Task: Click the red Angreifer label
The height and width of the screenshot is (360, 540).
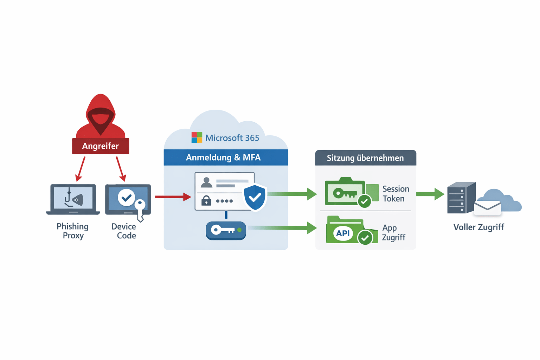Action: click(x=101, y=146)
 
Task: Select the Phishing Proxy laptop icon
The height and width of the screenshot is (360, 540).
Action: click(x=73, y=199)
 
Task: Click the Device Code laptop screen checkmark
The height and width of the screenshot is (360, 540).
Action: click(x=126, y=198)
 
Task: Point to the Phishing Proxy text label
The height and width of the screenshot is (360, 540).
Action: click(x=73, y=231)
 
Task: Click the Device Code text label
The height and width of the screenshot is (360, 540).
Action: click(x=124, y=231)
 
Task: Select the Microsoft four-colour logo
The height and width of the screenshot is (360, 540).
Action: click(x=197, y=137)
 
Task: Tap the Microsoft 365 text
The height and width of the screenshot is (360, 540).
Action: click(x=232, y=138)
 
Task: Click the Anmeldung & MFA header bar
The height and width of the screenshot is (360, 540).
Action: click(x=226, y=157)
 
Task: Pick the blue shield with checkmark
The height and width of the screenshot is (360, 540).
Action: click(x=255, y=197)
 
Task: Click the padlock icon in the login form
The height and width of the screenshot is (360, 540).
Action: click(x=206, y=201)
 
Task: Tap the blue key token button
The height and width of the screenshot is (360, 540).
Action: click(x=226, y=230)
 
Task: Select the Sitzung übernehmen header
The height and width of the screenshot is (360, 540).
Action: click(x=366, y=158)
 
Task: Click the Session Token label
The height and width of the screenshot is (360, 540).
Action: click(x=395, y=194)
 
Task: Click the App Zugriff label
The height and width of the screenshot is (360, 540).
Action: click(x=393, y=233)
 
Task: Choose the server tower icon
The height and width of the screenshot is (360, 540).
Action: click(x=461, y=198)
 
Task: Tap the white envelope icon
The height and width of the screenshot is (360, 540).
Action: click(x=487, y=208)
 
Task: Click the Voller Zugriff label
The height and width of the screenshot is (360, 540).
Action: click(x=478, y=227)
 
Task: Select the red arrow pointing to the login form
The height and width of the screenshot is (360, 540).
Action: click(x=173, y=197)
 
